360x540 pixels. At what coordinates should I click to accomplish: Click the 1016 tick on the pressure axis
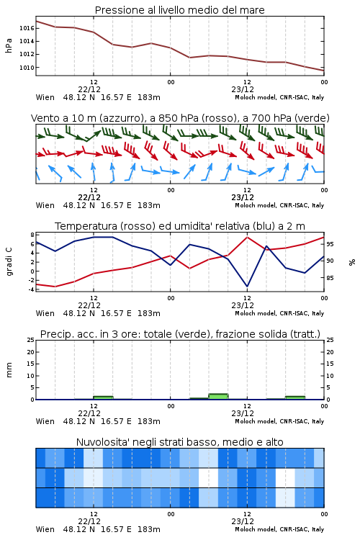27,28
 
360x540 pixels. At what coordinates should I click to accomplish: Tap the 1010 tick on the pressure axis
27,68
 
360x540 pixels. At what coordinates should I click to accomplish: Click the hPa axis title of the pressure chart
9,46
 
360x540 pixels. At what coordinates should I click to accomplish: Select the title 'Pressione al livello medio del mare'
180,10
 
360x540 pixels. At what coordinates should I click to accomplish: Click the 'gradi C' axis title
9,261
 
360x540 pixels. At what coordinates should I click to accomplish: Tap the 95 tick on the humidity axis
330,244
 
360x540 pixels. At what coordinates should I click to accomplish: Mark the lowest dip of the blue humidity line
247,286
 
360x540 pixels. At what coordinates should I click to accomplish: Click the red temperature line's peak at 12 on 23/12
247,237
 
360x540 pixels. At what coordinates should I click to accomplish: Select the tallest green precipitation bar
218,397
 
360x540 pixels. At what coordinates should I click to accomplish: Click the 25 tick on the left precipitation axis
30,340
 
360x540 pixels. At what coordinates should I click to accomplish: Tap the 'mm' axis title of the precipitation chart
9,370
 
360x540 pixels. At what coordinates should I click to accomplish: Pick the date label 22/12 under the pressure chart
89,89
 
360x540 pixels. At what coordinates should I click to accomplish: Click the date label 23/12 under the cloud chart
243,521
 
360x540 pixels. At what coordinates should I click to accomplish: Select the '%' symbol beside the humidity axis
352,262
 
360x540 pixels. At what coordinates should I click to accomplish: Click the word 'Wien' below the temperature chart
45,313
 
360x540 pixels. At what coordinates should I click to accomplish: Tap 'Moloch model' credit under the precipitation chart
256,421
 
